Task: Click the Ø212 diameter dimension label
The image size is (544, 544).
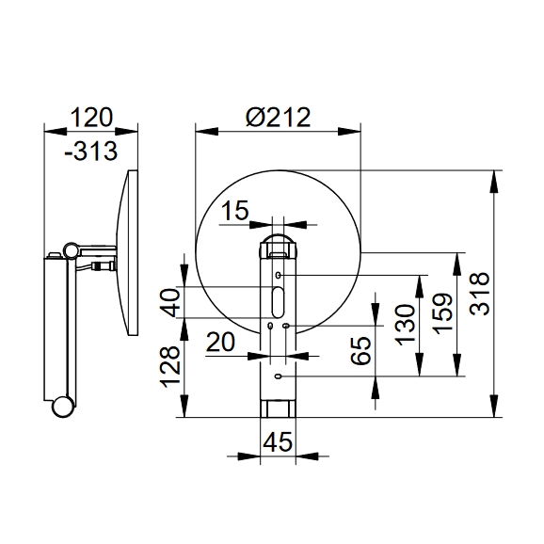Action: pos(278,118)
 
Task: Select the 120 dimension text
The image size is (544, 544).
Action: pos(92,118)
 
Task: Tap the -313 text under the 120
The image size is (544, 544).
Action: pos(91,152)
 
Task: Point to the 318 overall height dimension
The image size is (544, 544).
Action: pos(479,294)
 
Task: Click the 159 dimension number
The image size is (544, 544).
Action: pos(443,314)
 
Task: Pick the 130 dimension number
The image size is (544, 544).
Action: pos(406,325)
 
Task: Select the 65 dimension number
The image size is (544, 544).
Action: pos(360,350)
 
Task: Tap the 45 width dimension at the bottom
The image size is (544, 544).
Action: pos(278,442)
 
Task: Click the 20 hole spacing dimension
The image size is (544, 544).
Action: pos(220,342)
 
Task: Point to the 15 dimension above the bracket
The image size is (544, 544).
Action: pos(235,210)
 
